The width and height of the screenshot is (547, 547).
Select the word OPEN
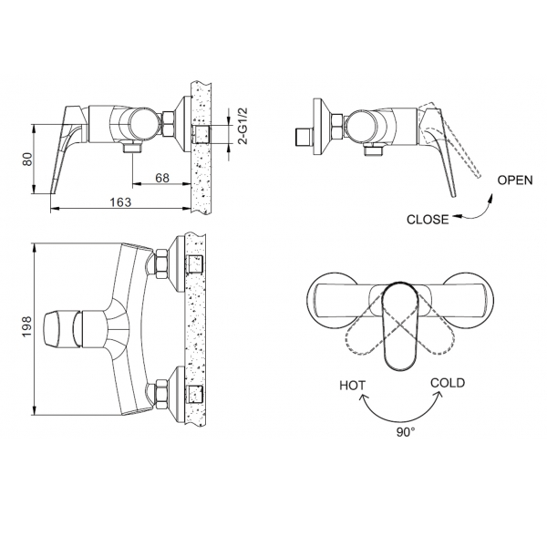(x=514, y=180)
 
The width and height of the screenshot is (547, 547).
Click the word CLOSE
(x=427, y=219)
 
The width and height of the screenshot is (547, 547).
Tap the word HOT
(x=353, y=385)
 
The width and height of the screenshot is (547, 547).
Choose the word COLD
(x=448, y=383)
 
